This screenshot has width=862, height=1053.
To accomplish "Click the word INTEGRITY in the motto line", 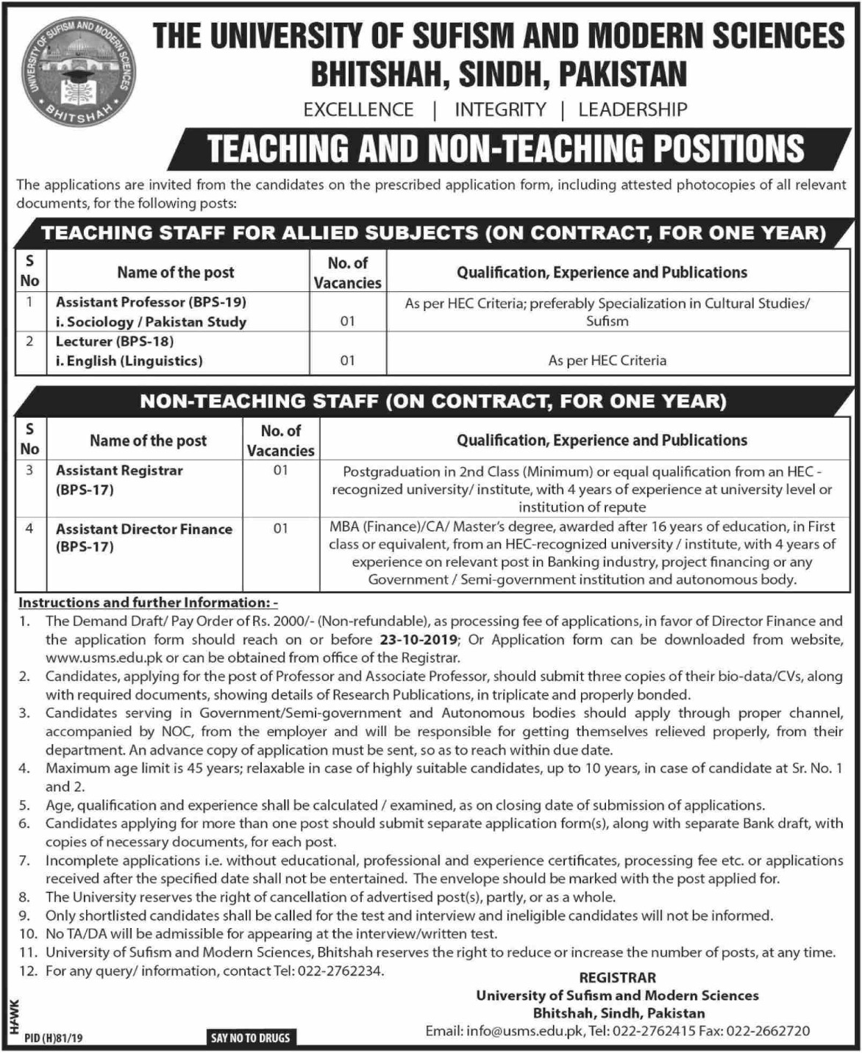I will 500,110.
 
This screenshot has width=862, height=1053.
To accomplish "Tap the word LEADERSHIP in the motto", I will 633,110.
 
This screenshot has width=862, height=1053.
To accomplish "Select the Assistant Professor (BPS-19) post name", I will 151,302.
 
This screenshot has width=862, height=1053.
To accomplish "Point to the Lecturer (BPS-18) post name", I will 115,341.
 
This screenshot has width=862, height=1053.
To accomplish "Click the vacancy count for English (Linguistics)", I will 347,360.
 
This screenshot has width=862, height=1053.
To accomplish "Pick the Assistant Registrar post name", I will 119,471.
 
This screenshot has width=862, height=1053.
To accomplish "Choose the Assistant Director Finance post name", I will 144,529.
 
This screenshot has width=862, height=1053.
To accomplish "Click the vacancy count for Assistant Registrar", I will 280,470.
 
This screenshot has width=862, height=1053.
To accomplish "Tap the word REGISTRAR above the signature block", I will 617,978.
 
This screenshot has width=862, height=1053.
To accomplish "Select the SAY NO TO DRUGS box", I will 250,1038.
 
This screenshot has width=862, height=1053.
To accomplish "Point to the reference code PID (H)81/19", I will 53,1038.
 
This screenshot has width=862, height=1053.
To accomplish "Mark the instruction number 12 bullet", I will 27,971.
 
